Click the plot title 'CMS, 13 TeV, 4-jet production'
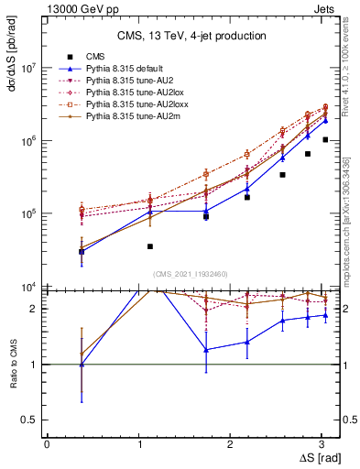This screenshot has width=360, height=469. (x=192, y=36)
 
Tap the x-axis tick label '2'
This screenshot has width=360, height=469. (x=235, y=443)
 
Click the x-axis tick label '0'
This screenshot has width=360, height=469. (x=47, y=443)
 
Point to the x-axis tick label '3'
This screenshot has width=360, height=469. (x=328, y=443)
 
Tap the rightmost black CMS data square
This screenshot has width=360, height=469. (x=325, y=139)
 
